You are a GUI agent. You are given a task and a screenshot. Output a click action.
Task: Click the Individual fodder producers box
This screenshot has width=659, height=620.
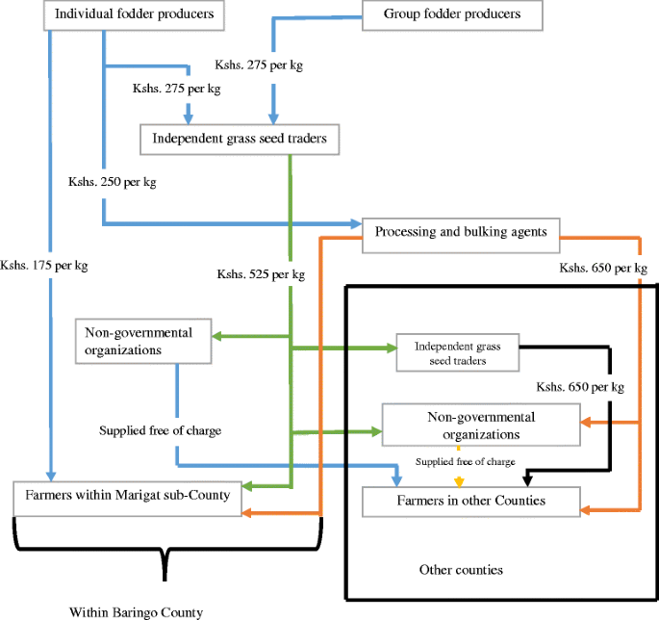tap(134, 15)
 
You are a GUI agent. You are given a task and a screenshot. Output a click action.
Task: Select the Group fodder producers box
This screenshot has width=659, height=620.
tap(451, 14)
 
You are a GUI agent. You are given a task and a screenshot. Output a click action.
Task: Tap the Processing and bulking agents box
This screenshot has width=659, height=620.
tap(460, 232)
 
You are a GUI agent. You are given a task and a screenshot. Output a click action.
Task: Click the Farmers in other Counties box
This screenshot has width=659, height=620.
tap(470, 501)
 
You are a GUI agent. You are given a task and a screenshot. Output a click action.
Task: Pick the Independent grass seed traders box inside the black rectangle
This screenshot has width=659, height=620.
tap(457, 353)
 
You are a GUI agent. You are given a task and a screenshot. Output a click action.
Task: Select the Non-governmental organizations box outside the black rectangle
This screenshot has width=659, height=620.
tap(143, 342)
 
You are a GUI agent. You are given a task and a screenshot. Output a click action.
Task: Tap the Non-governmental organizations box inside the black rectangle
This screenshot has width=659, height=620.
tap(481, 425)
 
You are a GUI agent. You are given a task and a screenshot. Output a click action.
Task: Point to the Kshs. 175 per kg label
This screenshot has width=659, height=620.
tap(44, 266)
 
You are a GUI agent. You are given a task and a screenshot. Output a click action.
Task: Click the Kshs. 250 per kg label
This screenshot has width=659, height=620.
tap(113, 181)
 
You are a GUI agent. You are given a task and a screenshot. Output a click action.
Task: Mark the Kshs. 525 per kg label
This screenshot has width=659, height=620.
tap(261, 274)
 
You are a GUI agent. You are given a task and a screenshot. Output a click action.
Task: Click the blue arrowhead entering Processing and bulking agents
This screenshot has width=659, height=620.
tap(355, 224)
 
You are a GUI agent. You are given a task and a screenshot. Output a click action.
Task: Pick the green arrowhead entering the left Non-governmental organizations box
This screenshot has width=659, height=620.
tap(216, 336)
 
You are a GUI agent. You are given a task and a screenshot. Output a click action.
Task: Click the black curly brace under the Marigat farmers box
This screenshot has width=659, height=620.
tap(168, 558)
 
